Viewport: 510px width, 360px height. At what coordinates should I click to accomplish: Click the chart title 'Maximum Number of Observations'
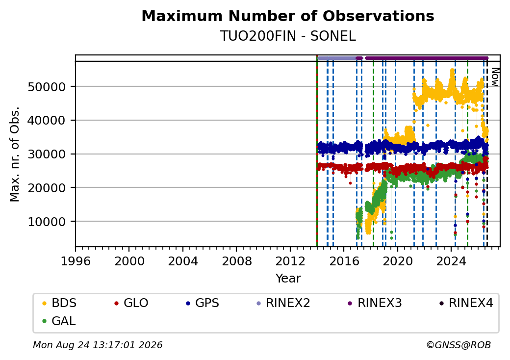pyautogui.click(x=288, y=16)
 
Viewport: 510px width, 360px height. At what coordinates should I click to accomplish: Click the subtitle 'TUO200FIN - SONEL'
pyautogui.click(x=288, y=36)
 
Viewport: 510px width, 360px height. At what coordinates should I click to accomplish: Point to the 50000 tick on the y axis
pyautogui.click(x=47, y=87)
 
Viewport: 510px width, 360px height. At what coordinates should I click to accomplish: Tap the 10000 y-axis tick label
pyautogui.click(x=47, y=222)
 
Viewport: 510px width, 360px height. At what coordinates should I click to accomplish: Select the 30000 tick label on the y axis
pyautogui.click(x=47, y=154)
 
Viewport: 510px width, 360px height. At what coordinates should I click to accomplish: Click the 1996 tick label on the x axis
pyautogui.click(x=76, y=261)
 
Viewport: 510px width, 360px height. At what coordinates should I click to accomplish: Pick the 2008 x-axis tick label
pyautogui.click(x=236, y=261)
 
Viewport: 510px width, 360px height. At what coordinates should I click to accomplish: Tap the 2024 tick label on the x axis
pyautogui.click(x=451, y=261)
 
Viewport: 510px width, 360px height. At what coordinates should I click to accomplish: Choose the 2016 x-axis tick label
pyautogui.click(x=344, y=261)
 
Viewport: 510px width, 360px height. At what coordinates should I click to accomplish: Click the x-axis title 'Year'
pyautogui.click(x=288, y=279)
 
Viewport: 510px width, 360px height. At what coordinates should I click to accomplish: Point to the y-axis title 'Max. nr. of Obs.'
pyautogui.click(x=15, y=154)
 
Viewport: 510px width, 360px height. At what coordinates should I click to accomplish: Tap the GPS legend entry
pyautogui.click(x=203, y=303)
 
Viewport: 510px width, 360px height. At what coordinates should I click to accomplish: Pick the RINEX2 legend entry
pyautogui.click(x=283, y=303)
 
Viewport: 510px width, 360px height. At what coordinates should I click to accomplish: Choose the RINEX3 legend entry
pyautogui.click(x=375, y=303)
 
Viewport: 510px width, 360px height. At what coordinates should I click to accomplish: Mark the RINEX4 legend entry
pyautogui.click(x=466, y=303)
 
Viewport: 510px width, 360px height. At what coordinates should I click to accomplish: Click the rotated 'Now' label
pyautogui.click(x=495, y=77)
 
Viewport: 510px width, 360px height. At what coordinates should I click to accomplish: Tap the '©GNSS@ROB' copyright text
pyautogui.click(x=459, y=345)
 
